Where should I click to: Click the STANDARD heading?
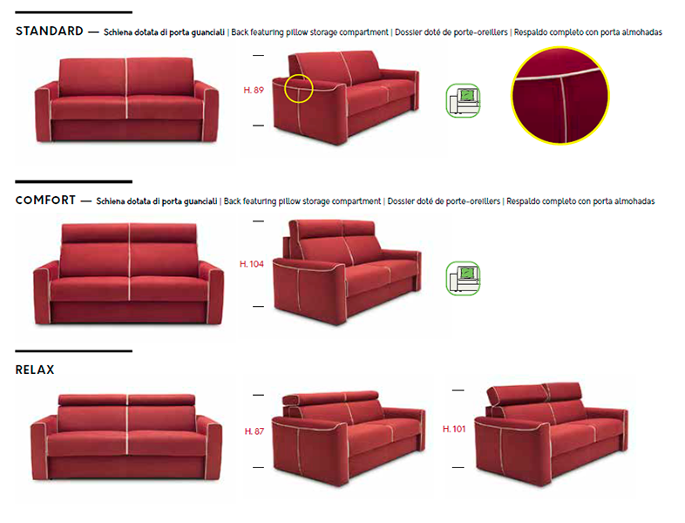(x=50, y=31)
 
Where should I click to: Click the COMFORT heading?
(x=45, y=200)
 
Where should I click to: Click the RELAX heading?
(x=35, y=370)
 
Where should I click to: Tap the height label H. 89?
(x=254, y=91)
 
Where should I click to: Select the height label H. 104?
(x=252, y=264)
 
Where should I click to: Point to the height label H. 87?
(x=254, y=431)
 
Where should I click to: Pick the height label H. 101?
(x=454, y=429)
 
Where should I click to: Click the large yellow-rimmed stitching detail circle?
(x=560, y=96)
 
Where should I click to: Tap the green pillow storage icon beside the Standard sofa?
(x=463, y=100)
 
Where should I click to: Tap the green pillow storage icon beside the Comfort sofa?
(x=463, y=278)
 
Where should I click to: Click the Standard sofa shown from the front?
(x=126, y=99)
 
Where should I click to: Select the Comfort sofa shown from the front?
(x=128, y=274)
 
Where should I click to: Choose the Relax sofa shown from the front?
(x=126, y=437)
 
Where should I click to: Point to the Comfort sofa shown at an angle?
(x=348, y=272)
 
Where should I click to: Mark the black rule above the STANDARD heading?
(x=74, y=12)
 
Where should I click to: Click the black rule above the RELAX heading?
(x=74, y=351)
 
